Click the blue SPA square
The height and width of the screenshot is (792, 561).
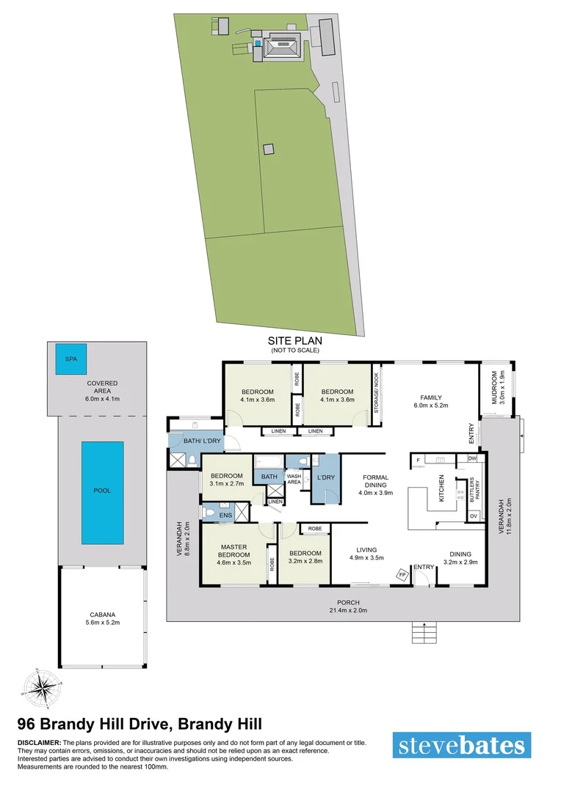point(71,360)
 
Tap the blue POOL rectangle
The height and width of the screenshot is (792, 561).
point(102,492)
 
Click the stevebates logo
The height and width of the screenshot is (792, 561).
point(462,746)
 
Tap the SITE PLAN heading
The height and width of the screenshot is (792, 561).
point(294,341)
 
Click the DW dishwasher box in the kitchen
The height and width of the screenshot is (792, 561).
point(471,459)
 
